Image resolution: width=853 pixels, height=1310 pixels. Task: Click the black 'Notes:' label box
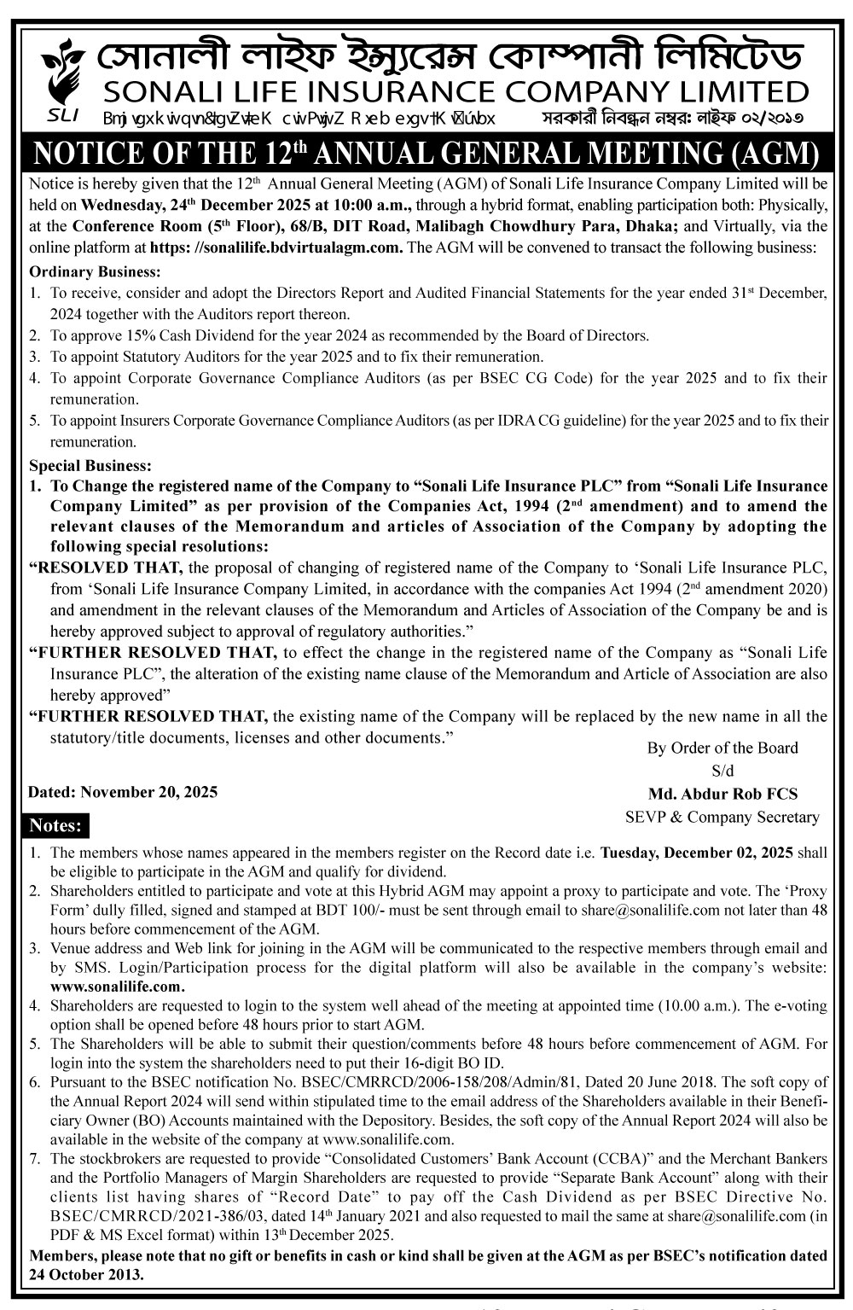pos(55,825)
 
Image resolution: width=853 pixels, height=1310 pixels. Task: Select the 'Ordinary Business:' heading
pos(95,272)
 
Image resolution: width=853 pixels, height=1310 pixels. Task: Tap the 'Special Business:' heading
pos(90,466)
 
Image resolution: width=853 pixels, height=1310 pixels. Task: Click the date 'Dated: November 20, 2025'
pos(123,792)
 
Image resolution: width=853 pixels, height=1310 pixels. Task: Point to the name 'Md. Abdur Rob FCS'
pos(722,794)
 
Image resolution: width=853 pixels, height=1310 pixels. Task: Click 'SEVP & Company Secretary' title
pos(722,817)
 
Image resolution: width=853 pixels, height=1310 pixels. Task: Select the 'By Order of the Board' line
pos(722,748)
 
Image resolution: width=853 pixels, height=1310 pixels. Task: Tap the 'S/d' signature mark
pos(722,771)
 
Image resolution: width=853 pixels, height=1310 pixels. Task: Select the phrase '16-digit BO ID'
pos(457,1063)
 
